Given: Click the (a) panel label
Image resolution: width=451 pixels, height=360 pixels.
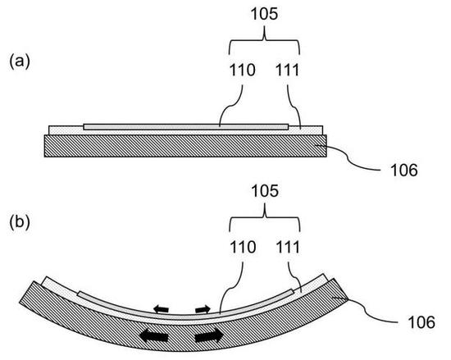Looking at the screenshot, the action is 20,62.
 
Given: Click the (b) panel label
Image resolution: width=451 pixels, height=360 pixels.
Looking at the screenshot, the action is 20,223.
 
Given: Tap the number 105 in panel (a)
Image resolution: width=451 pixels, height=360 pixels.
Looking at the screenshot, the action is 264,14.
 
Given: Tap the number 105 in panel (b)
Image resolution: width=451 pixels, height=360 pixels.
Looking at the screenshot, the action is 265,191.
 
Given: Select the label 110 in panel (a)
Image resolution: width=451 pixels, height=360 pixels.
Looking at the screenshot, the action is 242,70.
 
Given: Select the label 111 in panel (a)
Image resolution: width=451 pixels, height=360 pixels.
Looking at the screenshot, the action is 288,70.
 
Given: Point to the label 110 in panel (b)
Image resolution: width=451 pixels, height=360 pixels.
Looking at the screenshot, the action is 243,247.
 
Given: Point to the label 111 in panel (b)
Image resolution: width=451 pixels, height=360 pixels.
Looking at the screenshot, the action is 288,247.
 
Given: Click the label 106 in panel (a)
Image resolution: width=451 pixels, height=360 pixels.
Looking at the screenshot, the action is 403,171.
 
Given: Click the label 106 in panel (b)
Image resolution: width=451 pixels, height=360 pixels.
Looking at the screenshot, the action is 421,322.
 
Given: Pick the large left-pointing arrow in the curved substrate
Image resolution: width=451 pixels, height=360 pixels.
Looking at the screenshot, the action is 153,336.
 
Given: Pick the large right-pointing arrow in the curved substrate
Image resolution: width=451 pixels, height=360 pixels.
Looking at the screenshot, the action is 209,335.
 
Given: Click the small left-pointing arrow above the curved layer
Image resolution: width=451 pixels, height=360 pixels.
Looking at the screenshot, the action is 161,309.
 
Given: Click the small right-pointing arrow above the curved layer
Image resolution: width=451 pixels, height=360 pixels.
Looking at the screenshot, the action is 203,309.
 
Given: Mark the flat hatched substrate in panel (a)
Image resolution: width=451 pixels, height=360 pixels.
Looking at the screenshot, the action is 185,146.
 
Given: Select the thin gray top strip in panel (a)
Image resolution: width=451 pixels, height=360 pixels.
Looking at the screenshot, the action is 186,127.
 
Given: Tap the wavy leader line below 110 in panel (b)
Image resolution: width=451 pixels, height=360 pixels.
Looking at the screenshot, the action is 230,288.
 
